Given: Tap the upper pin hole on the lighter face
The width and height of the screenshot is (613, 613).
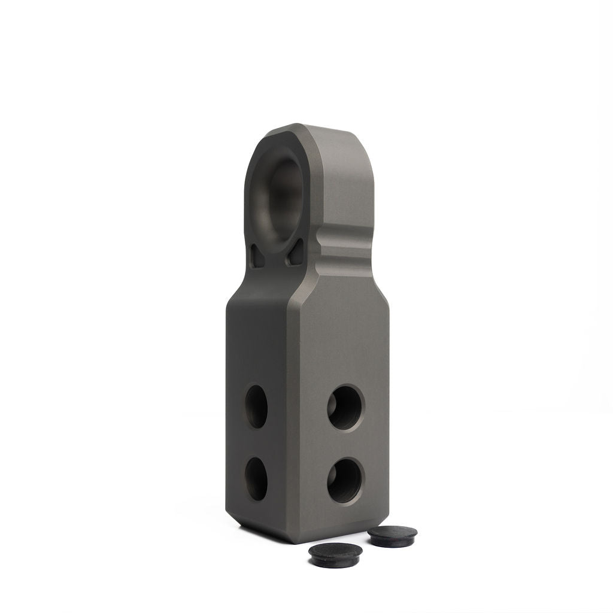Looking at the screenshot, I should [345, 407].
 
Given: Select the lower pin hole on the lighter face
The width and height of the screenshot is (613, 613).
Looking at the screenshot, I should [345, 480].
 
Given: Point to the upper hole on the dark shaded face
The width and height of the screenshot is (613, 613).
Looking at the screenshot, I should [256, 406].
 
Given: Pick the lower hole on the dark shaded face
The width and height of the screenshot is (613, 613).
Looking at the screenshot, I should [256, 478].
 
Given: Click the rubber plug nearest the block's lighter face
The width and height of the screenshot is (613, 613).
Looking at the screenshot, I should [392, 535].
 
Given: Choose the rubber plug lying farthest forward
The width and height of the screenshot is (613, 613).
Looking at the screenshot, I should [335, 554].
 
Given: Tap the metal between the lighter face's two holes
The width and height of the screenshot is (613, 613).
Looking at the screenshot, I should [345, 444].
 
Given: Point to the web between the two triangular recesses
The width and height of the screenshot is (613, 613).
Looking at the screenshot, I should [277, 261].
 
